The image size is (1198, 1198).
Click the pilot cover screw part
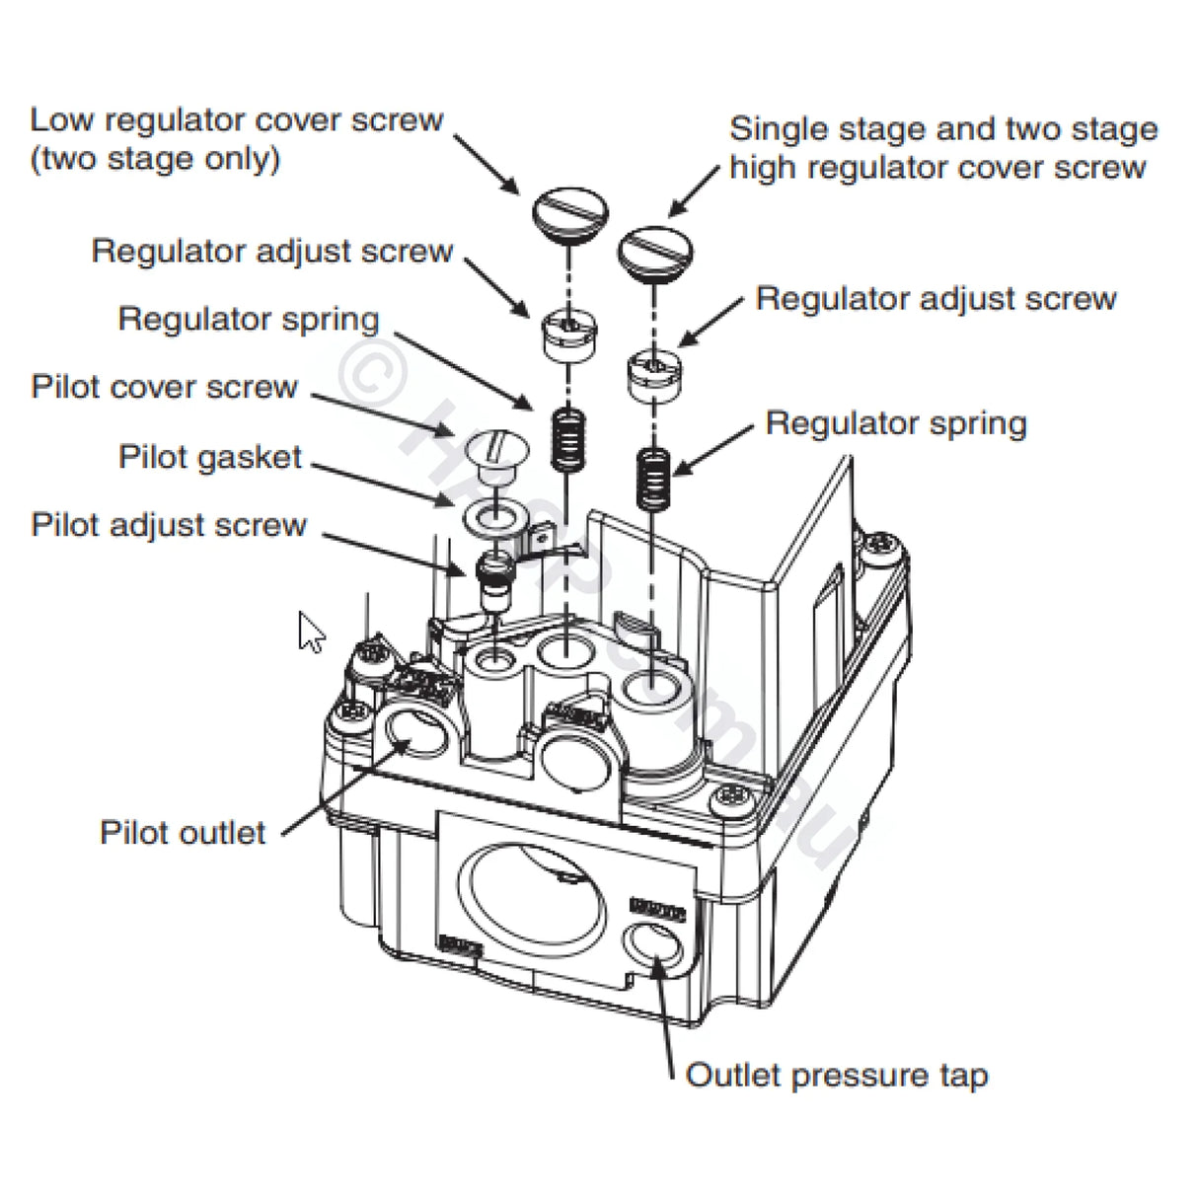[x=489, y=450]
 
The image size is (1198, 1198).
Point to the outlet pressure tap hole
[x=655, y=950]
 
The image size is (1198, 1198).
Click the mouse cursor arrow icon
[x=310, y=632]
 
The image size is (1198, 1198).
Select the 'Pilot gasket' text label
[x=210, y=457]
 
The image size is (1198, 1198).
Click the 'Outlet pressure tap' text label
[x=836, y=1075]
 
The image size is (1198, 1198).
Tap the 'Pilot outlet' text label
[x=183, y=832]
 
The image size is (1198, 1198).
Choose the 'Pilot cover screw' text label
[x=164, y=386]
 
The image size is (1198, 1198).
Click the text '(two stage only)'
[x=155, y=159]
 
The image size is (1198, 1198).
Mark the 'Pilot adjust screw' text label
[x=169, y=525]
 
